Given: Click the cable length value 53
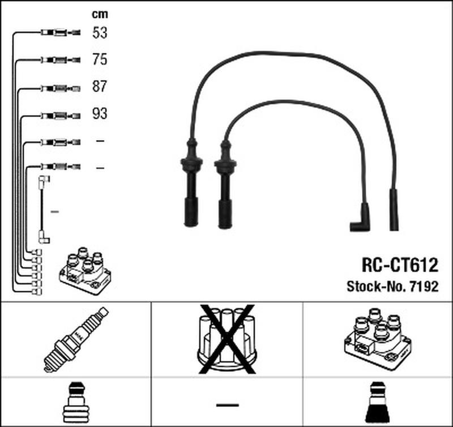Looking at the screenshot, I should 100,33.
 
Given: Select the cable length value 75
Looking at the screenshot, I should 100,59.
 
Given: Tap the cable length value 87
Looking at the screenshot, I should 100,87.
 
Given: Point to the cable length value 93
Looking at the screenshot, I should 100,114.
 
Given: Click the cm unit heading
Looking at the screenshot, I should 100,14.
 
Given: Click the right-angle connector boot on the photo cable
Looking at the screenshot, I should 361,218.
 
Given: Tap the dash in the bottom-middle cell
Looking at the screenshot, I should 227,404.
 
